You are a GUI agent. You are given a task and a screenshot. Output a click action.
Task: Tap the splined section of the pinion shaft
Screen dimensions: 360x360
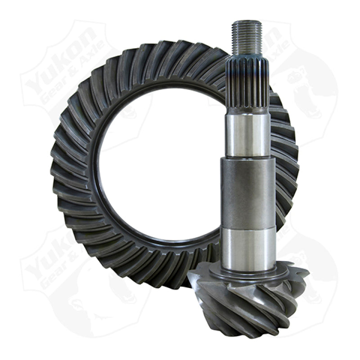point(247,85)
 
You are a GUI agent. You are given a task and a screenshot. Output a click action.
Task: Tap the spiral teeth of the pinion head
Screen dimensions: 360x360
point(252,306)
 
